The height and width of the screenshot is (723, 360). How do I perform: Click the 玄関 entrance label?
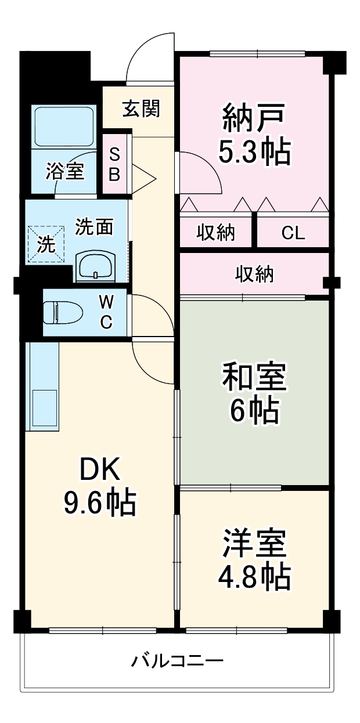tap(141, 109)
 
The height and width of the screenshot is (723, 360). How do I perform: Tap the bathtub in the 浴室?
tap(64, 126)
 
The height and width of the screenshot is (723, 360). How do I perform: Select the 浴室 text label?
tap(65, 171)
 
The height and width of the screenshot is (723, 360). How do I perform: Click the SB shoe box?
tap(114, 164)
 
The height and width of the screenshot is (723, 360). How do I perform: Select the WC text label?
tap(106, 313)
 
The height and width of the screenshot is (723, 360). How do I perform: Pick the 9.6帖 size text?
tap(99, 503)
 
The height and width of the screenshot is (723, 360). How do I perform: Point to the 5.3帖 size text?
tap(254, 152)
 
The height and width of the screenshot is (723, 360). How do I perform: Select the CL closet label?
tap(293, 233)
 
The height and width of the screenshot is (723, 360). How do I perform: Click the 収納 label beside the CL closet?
tap(215, 233)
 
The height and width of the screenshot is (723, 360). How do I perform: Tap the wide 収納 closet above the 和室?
tap(254, 274)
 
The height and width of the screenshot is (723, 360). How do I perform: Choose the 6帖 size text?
tap(254, 411)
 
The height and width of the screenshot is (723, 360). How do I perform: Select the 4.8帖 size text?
tap(254, 575)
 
